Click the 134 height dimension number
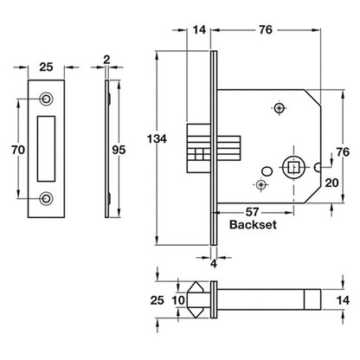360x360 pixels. coord(157,139)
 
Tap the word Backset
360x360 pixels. coord(253,224)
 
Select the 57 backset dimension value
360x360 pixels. coord(252,212)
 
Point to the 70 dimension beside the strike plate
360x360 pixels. coord(18,150)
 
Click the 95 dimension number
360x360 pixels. coord(119,150)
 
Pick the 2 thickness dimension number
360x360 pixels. coord(106,60)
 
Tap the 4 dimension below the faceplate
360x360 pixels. coord(214,263)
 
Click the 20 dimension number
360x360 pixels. coord(331,183)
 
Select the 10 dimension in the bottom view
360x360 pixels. coord(178,300)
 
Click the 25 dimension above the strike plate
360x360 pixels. coord(46,67)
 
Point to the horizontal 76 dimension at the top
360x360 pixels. coord(266,29)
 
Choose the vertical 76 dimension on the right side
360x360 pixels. coord(343,152)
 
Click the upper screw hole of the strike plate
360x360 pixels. coord(46,99)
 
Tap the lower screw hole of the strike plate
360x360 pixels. coord(46,198)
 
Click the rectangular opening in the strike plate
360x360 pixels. coord(46,149)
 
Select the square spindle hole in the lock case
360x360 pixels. coord(293,167)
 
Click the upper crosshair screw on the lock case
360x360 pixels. coord(279,108)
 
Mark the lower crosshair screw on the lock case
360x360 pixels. coord(261,184)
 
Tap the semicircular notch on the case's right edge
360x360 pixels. coord(318,167)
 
